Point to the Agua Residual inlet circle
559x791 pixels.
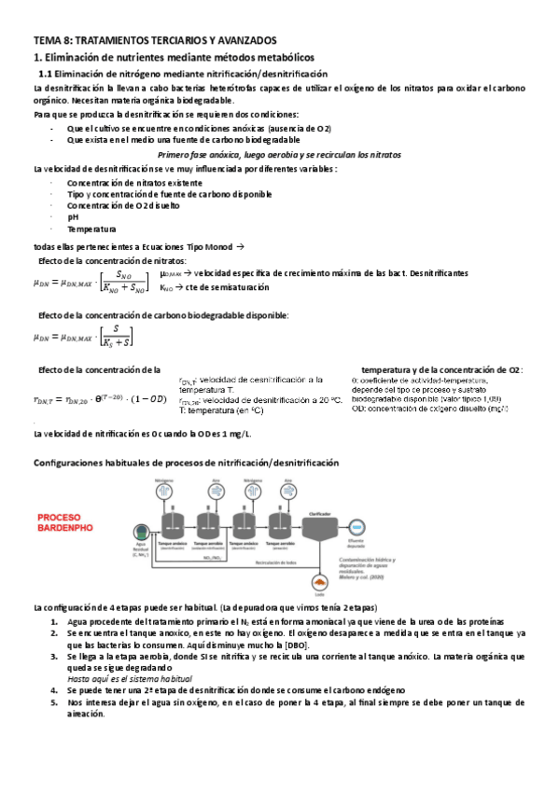coord(141,528)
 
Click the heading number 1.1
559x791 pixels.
coord(45,73)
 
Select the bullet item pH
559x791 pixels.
coord(72,216)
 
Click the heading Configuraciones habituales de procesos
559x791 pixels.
coord(186,463)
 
